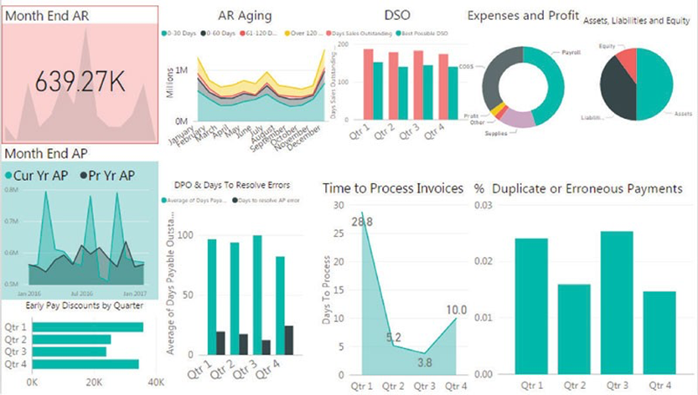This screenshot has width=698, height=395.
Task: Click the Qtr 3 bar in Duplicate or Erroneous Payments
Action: coord(617,302)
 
